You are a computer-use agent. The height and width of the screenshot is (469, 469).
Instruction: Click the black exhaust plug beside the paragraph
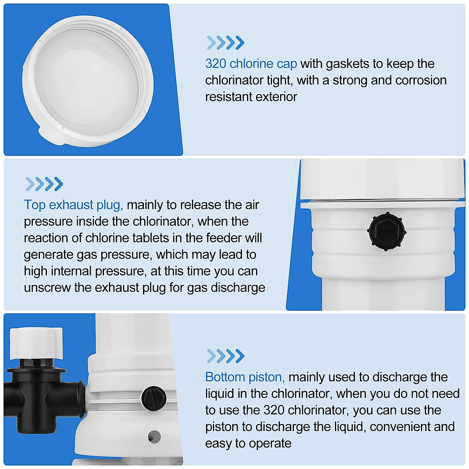point(387,232)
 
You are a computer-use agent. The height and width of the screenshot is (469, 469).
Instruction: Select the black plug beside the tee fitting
point(154,399)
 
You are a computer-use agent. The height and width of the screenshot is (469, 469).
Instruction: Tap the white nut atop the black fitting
point(36,343)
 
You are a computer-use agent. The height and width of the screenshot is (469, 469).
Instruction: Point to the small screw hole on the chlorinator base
point(154,437)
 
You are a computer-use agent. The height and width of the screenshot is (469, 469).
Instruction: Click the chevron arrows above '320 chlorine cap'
point(226,43)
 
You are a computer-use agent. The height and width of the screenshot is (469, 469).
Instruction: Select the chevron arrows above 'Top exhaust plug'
point(44,184)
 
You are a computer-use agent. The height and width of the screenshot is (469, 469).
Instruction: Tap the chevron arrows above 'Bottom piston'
point(226,356)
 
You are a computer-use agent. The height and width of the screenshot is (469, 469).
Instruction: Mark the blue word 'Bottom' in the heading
point(224,377)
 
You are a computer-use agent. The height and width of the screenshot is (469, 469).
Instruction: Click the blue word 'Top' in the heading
point(35,205)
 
